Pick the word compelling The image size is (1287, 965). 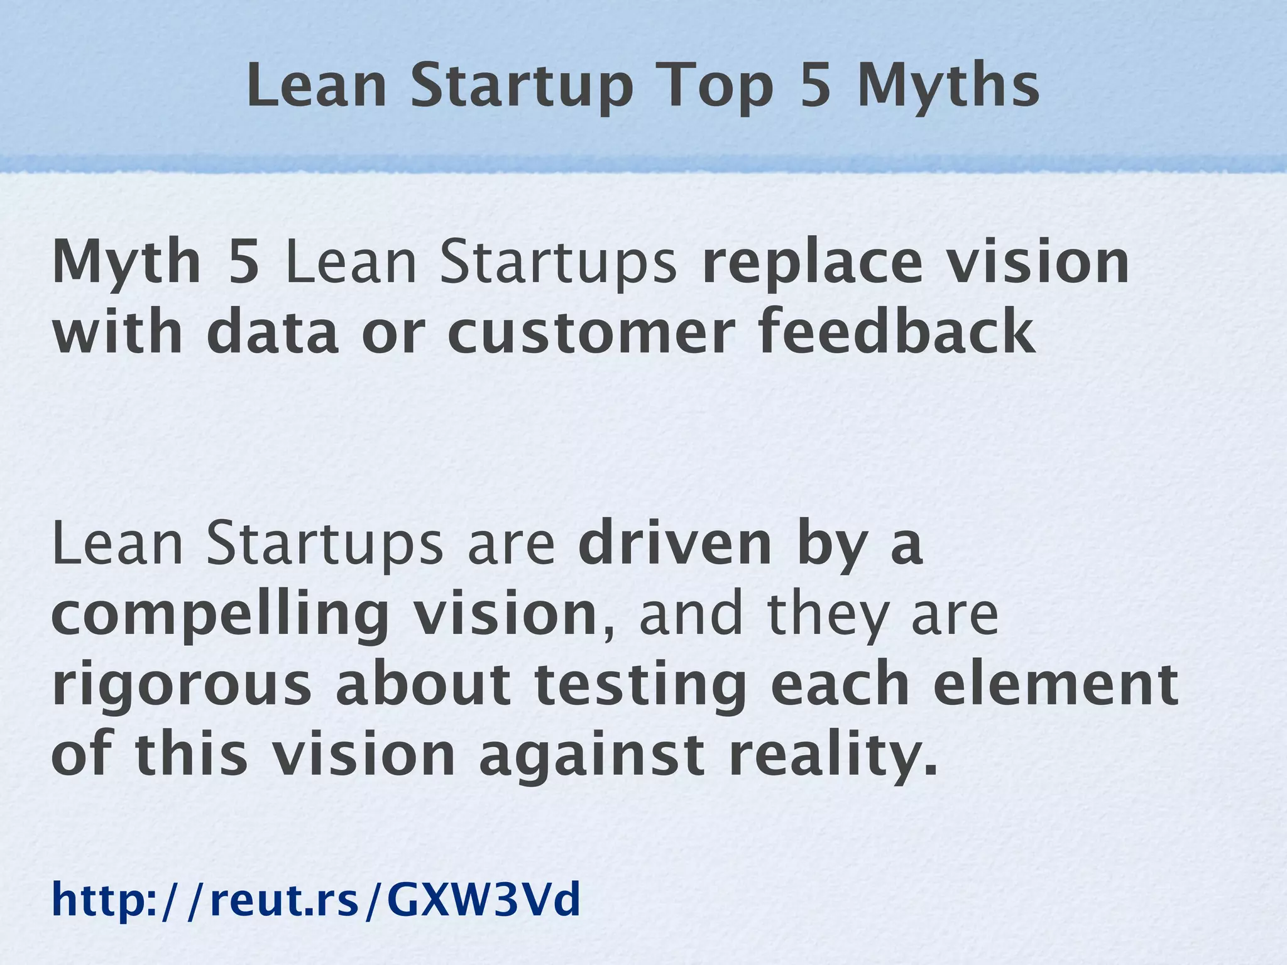tap(220, 616)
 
